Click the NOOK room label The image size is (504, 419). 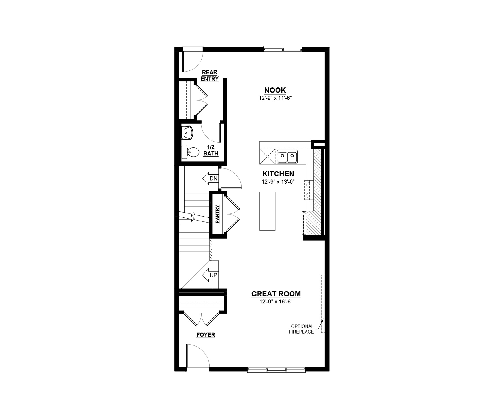pos(275,90)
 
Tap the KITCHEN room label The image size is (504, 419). pos(278,174)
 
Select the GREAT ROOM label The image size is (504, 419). pos(276,294)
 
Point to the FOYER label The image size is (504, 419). pos(206,335)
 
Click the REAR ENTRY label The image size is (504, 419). pos(210,76)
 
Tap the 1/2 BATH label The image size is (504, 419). pos(211,150)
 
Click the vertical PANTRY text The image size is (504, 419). pos(218,214)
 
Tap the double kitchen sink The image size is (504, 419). pos(287,157)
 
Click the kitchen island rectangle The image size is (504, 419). pos(267,211)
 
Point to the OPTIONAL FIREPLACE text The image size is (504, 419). pos(302,329)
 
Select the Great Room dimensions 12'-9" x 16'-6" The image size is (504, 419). pos(276,302)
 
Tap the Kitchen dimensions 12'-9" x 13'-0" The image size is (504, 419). pos(278,182)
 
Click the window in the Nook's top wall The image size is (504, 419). pos(282,49)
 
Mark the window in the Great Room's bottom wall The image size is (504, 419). pos(276,369)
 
